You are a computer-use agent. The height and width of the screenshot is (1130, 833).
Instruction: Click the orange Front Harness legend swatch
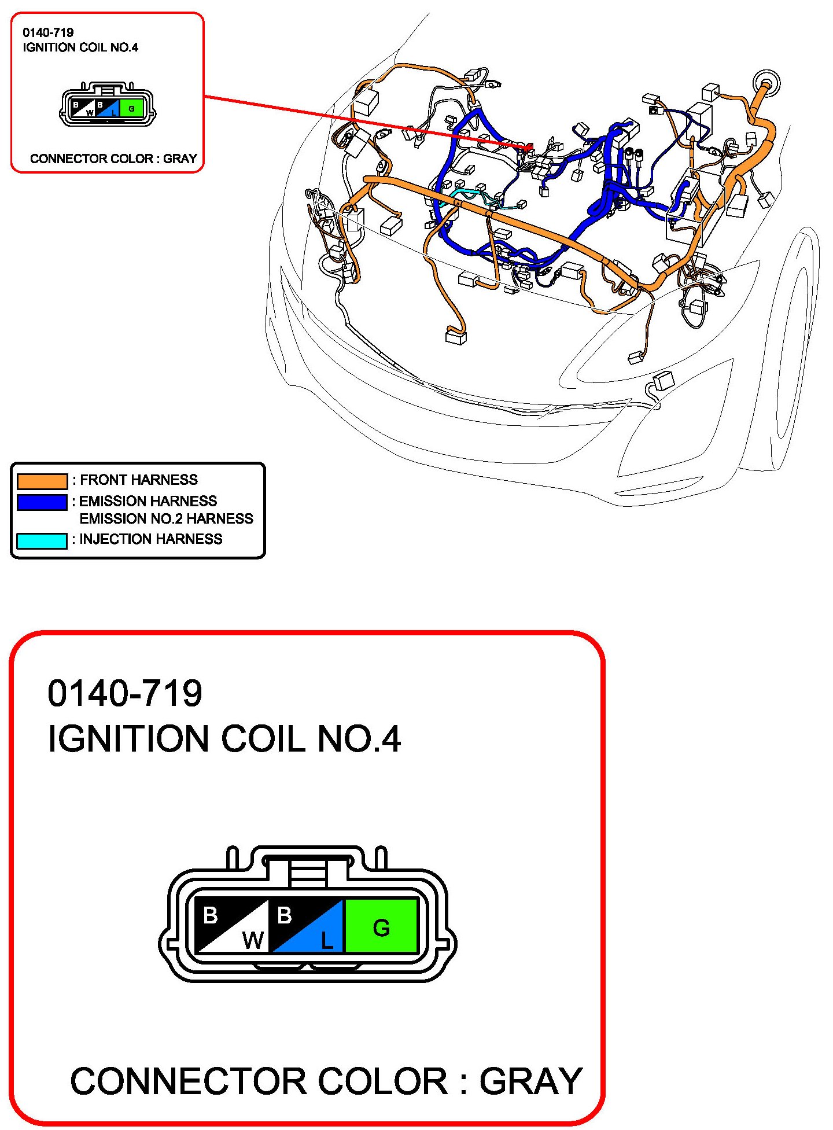pyautogui.click(x=42, y=481)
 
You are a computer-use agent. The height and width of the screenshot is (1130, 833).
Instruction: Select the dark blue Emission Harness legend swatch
pyautogui.click(x=42, y=502)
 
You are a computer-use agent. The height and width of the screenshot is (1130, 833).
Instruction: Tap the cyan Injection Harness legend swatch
pyautogui.click(x=42, y=540)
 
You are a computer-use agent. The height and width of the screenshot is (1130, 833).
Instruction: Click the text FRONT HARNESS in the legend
pyautogui.click(x=139, y=480)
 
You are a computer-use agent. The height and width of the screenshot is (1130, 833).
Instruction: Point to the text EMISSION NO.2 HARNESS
pyautogui.click(x=167, y=518)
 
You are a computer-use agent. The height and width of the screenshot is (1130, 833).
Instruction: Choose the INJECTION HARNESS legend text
pyautogui.click(x=151, y=539)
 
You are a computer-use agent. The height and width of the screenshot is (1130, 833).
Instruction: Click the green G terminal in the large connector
pyautogui.click(x=381, y=925)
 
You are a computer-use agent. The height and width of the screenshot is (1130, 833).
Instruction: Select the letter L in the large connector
pyautogui.click(x=327, y=941)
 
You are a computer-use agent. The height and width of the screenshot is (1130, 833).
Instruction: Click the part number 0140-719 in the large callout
pyautogui.click(x=125, y=693)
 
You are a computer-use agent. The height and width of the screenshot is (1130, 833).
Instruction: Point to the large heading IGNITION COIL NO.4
pyautogui.click(x=224, y=739)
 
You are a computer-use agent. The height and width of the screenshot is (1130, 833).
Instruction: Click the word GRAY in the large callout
pyautogui.click(x=530, y=1081)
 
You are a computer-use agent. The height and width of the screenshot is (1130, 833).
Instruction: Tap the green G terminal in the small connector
pyautogui.click(x=132, y=108)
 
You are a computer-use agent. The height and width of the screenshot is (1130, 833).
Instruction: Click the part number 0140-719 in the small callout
pyautogui.click(x=48, y=32)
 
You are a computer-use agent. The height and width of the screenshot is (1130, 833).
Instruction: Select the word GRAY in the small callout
pyautogui.click(x=180, y=159)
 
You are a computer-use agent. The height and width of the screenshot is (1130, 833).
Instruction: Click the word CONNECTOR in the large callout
pyautogui.click(x=189, y=1081)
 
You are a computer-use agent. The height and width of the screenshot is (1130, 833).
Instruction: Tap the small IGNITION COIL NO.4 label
pyautogui.click(x=80, y=47)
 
